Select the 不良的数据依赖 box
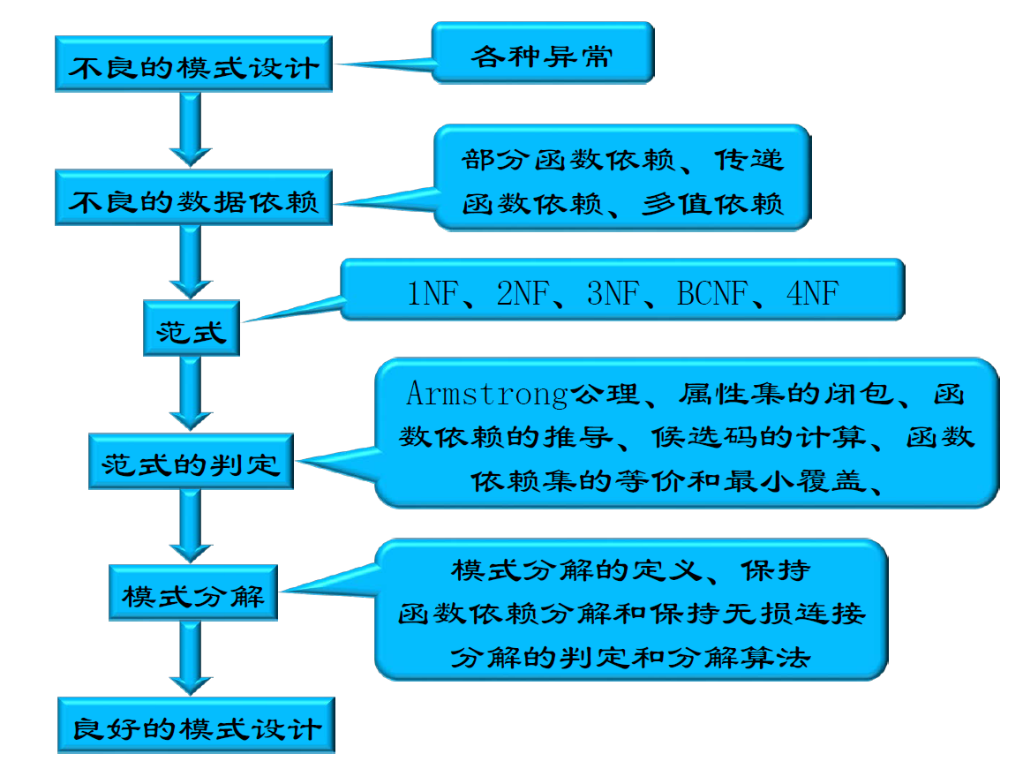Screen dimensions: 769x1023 pos(193,202)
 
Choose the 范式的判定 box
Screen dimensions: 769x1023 pos(191,462)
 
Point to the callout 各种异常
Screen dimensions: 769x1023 pos(542,56)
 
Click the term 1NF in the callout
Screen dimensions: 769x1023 pos(432,292)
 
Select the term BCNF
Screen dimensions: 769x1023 pos(711,292)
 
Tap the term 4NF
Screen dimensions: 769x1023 pos(811,292)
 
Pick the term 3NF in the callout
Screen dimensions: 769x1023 pos(613,292)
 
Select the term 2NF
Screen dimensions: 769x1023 pos(523,292)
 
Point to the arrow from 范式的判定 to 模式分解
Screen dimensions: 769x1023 pos(191,525)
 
